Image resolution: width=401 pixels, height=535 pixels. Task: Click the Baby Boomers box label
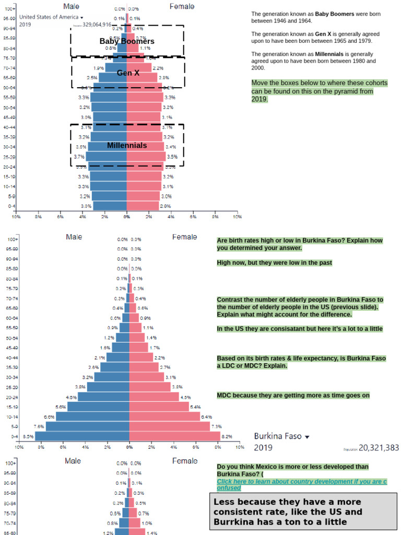point(127,41)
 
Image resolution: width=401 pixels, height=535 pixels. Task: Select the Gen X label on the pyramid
point(128,73)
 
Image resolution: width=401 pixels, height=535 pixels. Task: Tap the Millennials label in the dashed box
point(127,145)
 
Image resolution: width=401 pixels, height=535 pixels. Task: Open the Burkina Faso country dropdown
point(282,436)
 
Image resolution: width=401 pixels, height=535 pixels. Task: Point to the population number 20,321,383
point(379,448)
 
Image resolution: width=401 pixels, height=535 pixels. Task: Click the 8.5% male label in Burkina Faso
point(28,436)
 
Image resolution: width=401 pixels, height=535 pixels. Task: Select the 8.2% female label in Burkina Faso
point(227,436)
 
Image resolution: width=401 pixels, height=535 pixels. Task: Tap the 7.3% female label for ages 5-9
point(216,426)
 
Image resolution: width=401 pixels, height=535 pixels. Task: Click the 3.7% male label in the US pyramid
point(79,157)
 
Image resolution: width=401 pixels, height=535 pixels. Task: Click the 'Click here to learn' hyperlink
point(301,484)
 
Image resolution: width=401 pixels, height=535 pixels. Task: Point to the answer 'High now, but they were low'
point(275,262)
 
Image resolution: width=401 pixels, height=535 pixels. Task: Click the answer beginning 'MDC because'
point(293,395)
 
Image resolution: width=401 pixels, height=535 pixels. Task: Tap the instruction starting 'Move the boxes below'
point(319,91)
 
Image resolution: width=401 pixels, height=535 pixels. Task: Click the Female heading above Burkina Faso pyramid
point(185,237)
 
